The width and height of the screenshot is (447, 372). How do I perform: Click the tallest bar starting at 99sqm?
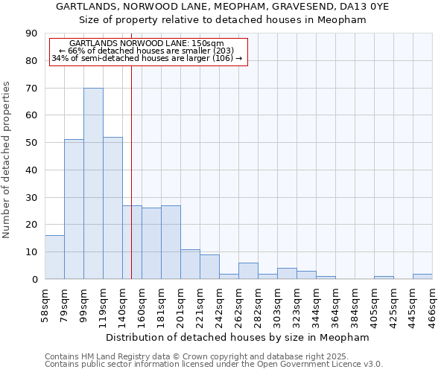[93, 183]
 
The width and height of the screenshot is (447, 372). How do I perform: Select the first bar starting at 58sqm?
[54, 257]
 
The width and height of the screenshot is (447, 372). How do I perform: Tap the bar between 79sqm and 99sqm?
[74, 209]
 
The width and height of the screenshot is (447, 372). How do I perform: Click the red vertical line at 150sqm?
[131, 171]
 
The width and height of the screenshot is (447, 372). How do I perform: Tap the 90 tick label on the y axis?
[31, 33]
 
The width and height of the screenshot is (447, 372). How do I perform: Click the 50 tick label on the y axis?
[31, 143]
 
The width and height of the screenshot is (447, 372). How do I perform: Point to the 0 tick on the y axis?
[34, 279]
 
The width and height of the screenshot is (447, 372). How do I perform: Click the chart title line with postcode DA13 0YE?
[223, 7]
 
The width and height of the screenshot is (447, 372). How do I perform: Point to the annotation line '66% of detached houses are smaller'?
[146, 51]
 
